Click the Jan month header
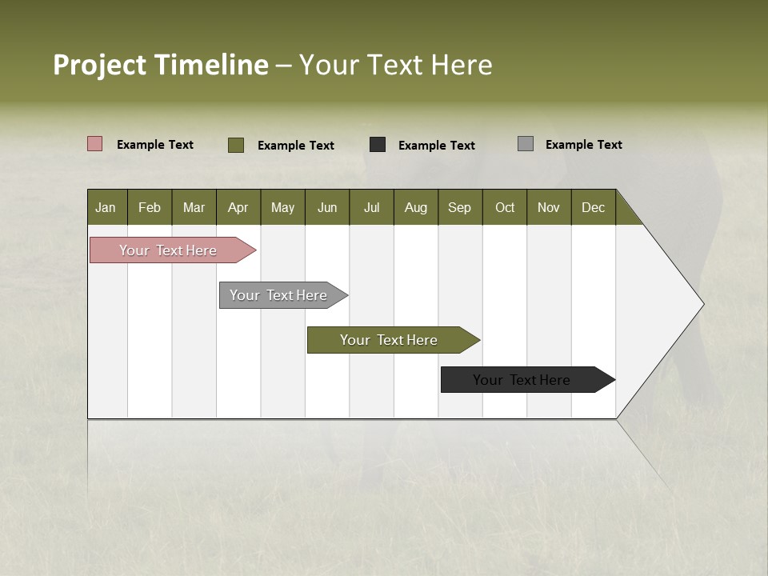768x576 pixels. pyautogui.click(x=106, y=207)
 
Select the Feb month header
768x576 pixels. pyautogui.click(x=150, y=207)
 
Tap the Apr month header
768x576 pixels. pyautogui.click(x=238, y=207)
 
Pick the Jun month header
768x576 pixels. pyautogui.click(x=327, y=207)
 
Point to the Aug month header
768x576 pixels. pyautogui.click(x=416, y=207)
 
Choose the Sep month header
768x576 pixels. pyautogui.click(x=460, y=207)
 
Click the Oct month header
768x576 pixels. pyautogui.click(x=505, y=207)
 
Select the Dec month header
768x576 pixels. pyautogui.click(x=594, y=207)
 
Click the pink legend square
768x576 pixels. pyautogui.click(x=95, y=144)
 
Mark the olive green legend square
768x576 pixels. pyautogui.click(x=236, y=145)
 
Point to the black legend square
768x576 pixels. pyautogui.click(x=378, y=145)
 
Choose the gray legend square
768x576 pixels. pyautogui.click(x=526, y=144)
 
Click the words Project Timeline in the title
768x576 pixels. pyautogui.click(x=160, y=65)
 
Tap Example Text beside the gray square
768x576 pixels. pyautogui.click(x=583, y=145)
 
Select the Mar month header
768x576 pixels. pyautogui.click(x=194, y=207)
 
